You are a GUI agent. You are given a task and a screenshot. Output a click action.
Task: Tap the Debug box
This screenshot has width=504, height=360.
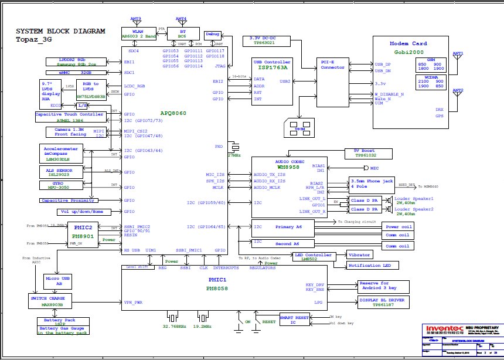pos(213,35)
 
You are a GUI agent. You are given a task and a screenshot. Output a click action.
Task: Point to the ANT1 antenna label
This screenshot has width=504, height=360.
pos(458,53)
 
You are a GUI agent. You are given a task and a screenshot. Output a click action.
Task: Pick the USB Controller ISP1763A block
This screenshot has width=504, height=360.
pos(271,65)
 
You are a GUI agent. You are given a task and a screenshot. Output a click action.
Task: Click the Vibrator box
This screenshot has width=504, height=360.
pos(360,256)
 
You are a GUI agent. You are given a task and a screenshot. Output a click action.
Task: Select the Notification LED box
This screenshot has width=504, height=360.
pos(370,266)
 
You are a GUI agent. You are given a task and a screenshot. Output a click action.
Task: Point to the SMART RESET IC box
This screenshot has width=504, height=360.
pos(294,320)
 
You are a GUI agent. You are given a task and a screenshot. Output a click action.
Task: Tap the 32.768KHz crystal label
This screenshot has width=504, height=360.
pos(175,325)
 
